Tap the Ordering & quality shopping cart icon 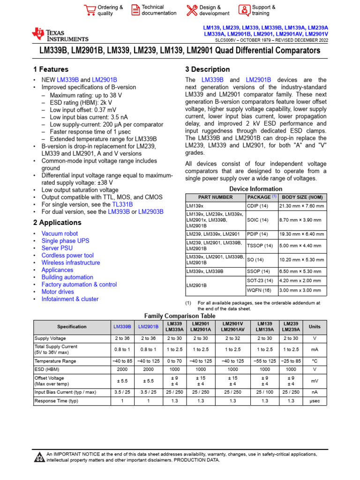coord(90,10)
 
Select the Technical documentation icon coord(135,10)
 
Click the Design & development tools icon coord(192,10)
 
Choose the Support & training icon coord(244,10)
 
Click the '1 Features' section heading coord(48,69)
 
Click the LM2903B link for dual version coord(151,212)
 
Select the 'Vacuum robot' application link coord(60,233)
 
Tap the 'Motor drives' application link coord(58,292)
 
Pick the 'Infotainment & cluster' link coord(70,299)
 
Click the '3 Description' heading coord(207,69)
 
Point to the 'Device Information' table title coord(256,189)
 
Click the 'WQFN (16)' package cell coord(259,290)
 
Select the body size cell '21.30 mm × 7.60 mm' coord(303,206)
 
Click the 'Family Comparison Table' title coord(180,316)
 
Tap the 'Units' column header coord(312,326)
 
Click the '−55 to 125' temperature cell coord(264,361)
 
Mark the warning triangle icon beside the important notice coord(39,457)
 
